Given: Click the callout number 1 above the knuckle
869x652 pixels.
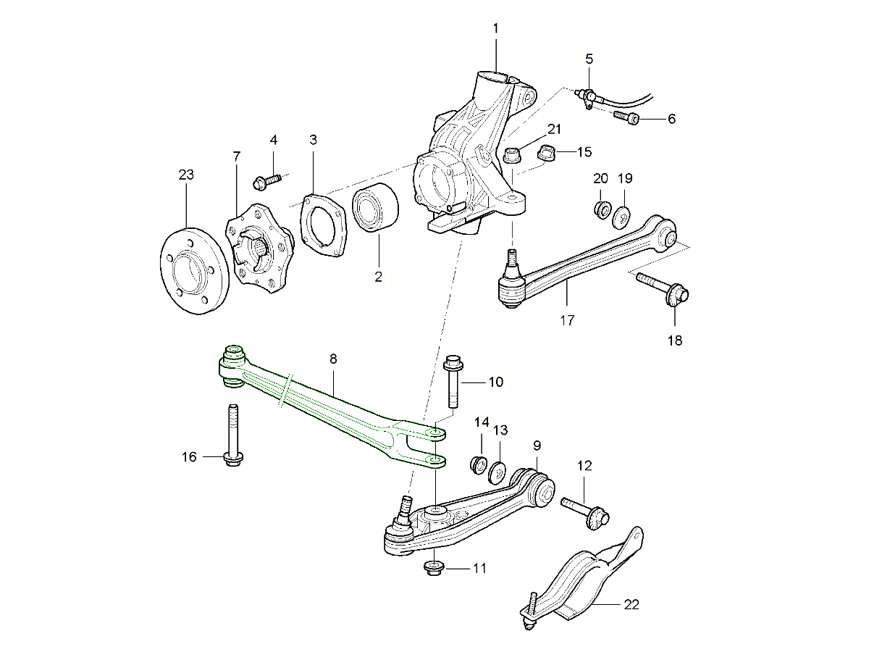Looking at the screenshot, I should [496, 28].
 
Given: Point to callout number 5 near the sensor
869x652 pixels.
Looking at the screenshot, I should [589, 58].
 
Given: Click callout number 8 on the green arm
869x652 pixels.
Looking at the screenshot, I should [333, 359].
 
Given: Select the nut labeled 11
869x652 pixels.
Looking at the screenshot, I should [433, 567].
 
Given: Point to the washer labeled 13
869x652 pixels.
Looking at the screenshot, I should [498, 472].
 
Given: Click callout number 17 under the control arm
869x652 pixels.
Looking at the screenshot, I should [567, 319].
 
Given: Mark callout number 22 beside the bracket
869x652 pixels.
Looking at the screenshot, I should [631, 604].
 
